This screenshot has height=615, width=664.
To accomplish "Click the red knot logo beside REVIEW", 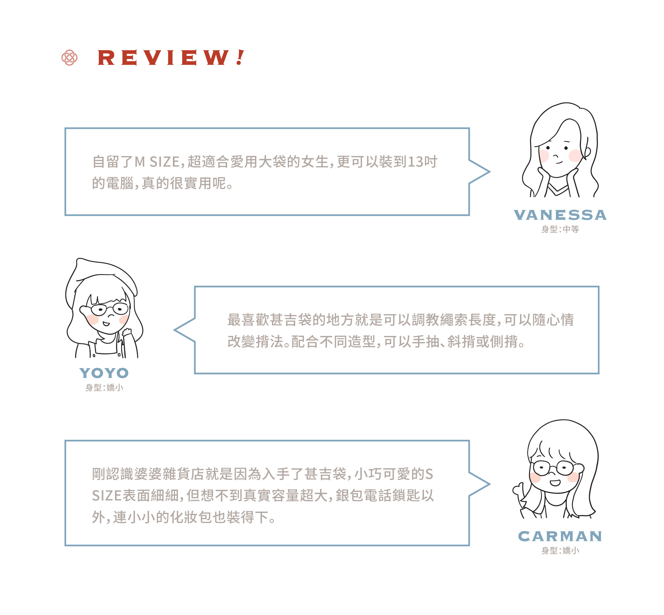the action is point(70,58).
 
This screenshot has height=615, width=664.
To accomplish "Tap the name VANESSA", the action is point(560,215).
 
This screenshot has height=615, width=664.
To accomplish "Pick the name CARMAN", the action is point(560,536).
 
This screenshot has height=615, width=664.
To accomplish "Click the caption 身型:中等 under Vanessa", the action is point(560,229).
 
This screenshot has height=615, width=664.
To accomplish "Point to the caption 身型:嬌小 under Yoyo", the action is point(104,388).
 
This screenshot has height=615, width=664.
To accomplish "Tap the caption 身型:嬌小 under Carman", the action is point(560,551).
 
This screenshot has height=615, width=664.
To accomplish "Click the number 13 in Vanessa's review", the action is point(415,162).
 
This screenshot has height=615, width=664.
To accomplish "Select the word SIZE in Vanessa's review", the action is point(165,162).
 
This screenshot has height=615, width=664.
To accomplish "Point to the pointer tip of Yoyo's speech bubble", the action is point(174,330).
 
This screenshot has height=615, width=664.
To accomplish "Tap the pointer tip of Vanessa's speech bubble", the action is point(490,172).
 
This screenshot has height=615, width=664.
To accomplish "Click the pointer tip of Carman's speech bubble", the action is point(490,484).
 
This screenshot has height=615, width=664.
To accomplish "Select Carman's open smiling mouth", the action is point(555,482).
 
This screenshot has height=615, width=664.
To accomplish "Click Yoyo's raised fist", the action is point(127,331).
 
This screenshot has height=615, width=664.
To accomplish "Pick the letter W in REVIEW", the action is point(216,58).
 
